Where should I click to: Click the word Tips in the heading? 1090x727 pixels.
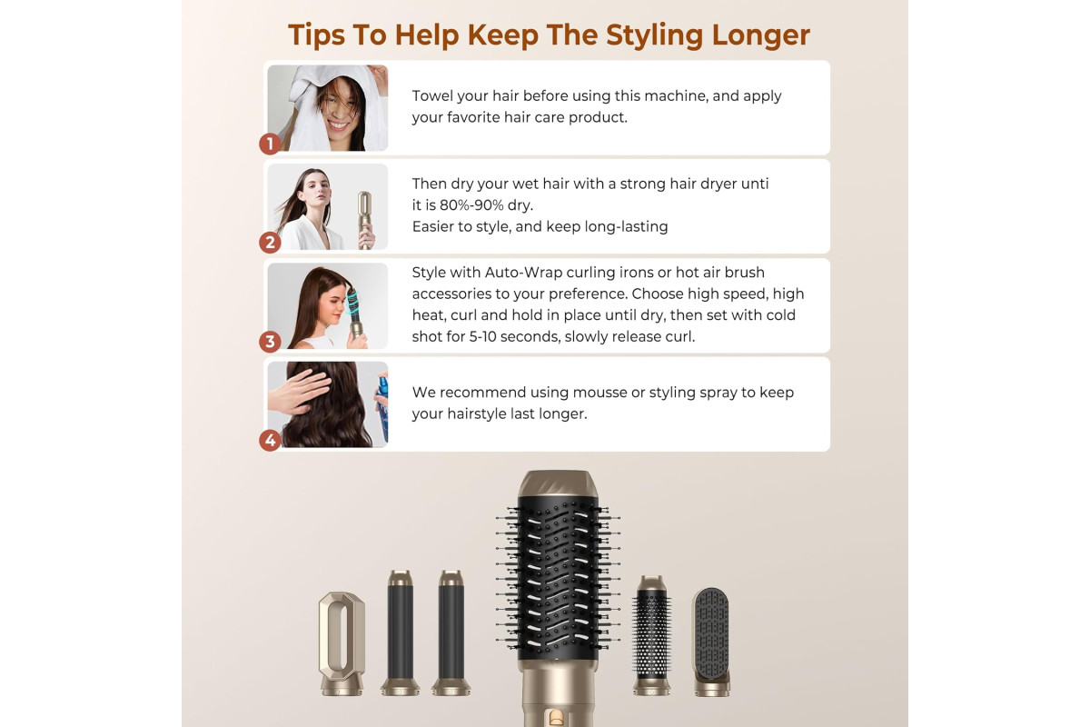pos(316,35)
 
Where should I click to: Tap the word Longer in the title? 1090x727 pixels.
pos(760,35)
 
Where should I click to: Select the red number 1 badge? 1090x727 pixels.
pos(270,144)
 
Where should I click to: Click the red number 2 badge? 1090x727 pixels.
pos(270,243)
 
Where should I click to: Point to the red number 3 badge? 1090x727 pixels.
pos(270,342)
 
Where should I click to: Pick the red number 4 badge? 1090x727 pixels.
pos(270,441)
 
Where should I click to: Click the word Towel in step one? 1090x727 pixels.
pos(432,96)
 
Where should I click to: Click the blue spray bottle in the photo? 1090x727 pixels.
pos(382,407)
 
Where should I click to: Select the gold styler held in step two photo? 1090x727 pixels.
pos(364,220)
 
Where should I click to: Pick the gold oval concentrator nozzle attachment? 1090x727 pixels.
pos(342,642)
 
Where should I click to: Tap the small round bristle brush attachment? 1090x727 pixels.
pos(651,635)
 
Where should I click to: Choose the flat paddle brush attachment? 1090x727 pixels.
pos(711,642)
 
